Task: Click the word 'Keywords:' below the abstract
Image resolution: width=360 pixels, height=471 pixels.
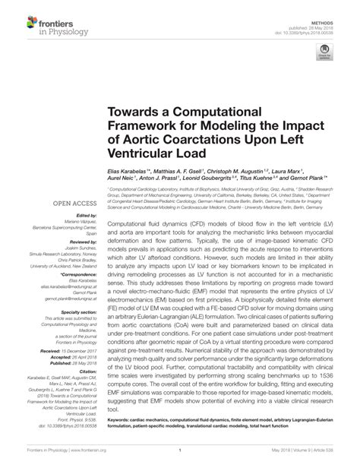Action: tap(119, 438)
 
